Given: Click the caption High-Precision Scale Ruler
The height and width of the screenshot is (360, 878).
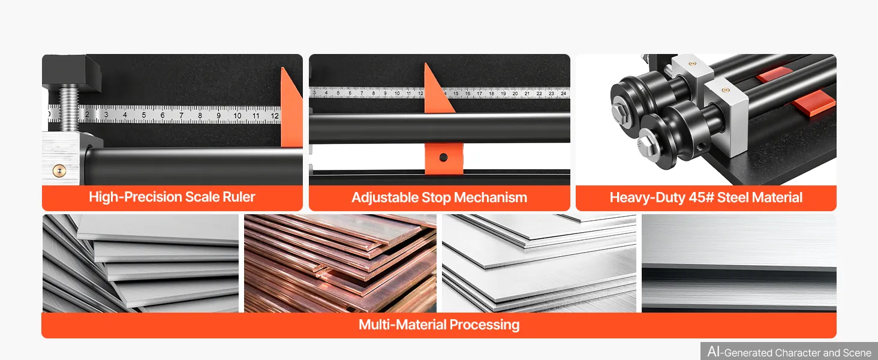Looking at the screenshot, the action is tap(172, 197).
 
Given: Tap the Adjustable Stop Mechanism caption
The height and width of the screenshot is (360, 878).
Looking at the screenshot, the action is tap(439, 197).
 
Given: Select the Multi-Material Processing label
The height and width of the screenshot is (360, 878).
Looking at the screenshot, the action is tap(439, 325).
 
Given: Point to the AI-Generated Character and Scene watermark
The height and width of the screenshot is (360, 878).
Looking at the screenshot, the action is tap(789, 352).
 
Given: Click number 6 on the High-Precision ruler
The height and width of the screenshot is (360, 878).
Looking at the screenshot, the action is tap(163, 115).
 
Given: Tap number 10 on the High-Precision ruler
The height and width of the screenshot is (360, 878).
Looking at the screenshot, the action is tap(237, 116).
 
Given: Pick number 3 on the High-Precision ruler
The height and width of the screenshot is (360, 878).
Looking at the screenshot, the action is tap(106, 115).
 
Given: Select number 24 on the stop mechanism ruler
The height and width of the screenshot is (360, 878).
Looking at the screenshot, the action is tap(563, 94).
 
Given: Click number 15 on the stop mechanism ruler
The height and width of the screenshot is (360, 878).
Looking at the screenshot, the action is tap(456, 94).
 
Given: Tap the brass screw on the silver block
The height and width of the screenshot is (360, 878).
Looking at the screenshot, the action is tap(59, 170).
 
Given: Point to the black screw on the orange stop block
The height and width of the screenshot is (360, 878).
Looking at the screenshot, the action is tap(443, 157).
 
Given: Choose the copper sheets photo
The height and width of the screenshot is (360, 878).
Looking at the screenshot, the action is tap(340, 263).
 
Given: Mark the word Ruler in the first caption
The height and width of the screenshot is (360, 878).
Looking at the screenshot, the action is tap(239, 197).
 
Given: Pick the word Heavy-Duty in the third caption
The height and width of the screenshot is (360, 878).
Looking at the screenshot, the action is tap(647, 197).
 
